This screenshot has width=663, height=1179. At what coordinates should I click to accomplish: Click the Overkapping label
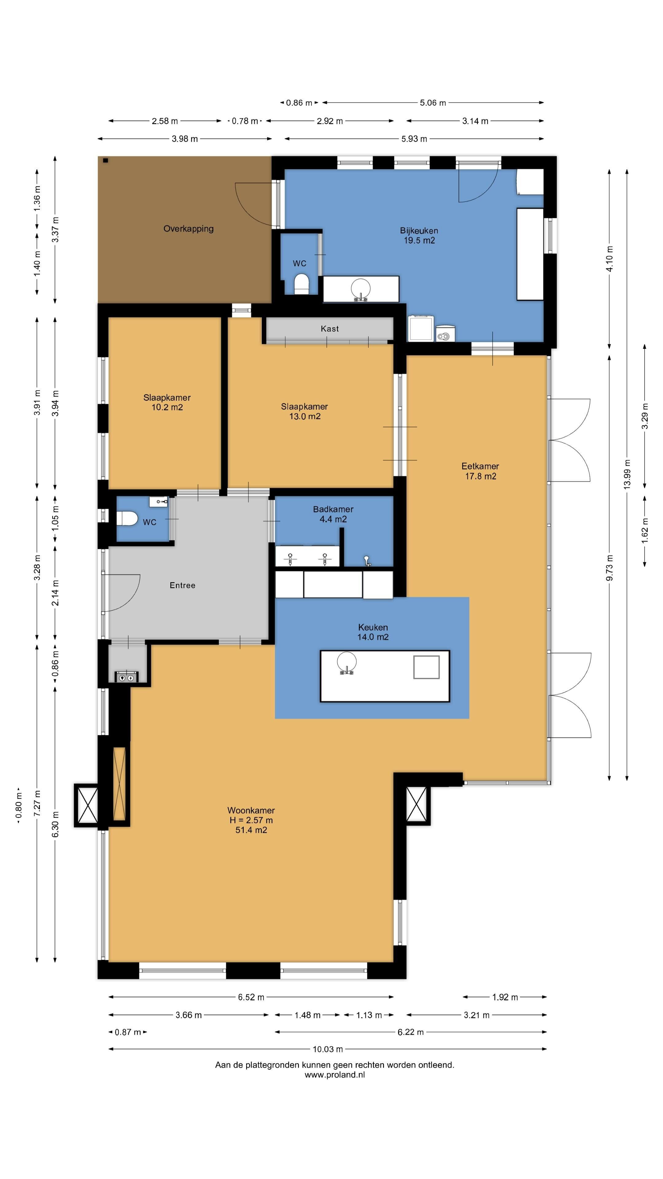tap(188, 228)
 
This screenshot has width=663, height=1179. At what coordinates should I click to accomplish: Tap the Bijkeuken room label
tap(419, 235)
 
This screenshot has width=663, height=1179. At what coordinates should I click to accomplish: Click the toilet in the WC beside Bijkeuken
tap(301, 284)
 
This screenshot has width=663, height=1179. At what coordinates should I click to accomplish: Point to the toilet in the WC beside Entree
tap(127, 519)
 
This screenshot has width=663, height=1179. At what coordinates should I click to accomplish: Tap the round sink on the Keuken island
tap(347, 663)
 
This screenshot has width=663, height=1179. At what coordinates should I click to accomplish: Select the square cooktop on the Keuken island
tap(426, 667)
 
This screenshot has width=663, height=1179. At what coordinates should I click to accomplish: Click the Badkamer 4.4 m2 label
tap(333, 514)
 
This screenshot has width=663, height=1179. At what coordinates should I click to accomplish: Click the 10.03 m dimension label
tap(328, 1049)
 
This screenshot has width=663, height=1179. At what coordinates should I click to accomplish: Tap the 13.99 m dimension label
tap(627, 475)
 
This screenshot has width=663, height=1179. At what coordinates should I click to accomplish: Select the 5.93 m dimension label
tap(414, 139)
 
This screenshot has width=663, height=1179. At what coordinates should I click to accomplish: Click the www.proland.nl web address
tap(335, 1075)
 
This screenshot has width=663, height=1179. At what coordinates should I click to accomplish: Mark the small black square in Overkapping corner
tap(106, 161)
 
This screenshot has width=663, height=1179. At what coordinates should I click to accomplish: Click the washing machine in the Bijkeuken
tap(421, 328)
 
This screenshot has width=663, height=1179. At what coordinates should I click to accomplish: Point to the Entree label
tap(183, 586)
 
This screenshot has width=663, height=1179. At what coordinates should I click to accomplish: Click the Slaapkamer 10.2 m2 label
tap(167, 402)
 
